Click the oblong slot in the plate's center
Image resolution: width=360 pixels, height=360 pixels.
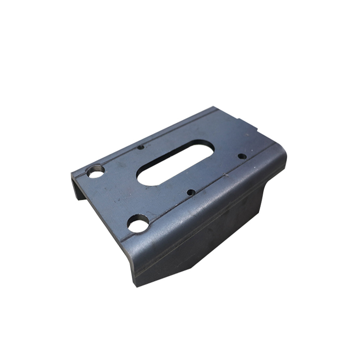click(176, 162)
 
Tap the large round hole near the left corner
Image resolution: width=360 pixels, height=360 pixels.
click(96, 171)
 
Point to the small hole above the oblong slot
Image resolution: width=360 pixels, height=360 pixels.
click(140, 147)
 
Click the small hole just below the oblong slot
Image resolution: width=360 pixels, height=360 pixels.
click(191, 192)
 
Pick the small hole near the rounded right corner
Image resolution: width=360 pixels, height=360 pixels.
click(242, 156)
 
